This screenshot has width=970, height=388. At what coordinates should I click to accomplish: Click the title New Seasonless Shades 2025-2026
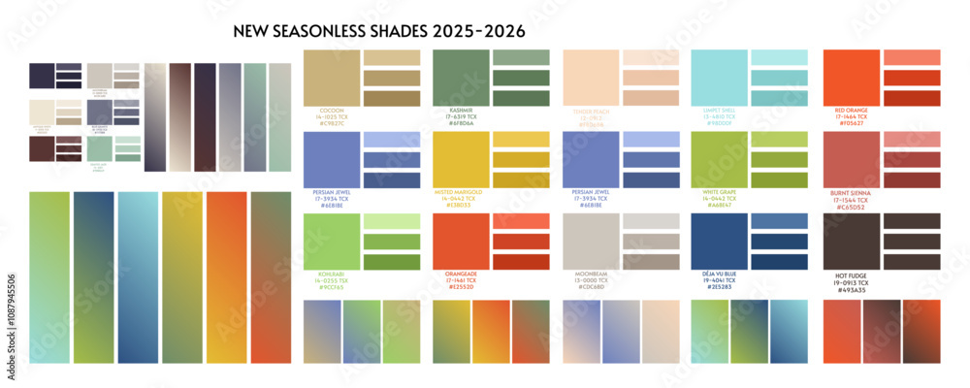379,31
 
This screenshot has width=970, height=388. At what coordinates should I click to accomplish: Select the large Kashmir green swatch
460,78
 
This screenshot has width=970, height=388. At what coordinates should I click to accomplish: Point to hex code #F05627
851,124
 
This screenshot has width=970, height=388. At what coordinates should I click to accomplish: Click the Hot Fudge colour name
851,275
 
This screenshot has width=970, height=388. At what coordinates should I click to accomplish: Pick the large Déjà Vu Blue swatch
719,241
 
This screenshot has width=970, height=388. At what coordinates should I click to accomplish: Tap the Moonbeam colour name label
590,275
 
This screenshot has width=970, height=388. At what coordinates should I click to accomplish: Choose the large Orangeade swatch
460,241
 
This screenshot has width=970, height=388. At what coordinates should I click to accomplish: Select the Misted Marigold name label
460,192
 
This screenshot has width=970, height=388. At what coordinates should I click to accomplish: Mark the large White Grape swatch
719,159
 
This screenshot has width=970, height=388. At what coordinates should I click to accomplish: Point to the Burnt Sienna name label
851,192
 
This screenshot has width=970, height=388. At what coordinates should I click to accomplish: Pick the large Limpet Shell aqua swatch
719,78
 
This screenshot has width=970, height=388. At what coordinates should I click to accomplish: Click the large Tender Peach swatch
590,78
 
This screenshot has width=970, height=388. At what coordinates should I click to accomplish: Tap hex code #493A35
851,289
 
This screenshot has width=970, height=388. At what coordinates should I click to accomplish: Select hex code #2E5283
719,288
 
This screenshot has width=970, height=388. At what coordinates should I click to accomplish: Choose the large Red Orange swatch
851,78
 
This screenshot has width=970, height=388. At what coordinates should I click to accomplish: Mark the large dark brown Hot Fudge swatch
851,241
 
